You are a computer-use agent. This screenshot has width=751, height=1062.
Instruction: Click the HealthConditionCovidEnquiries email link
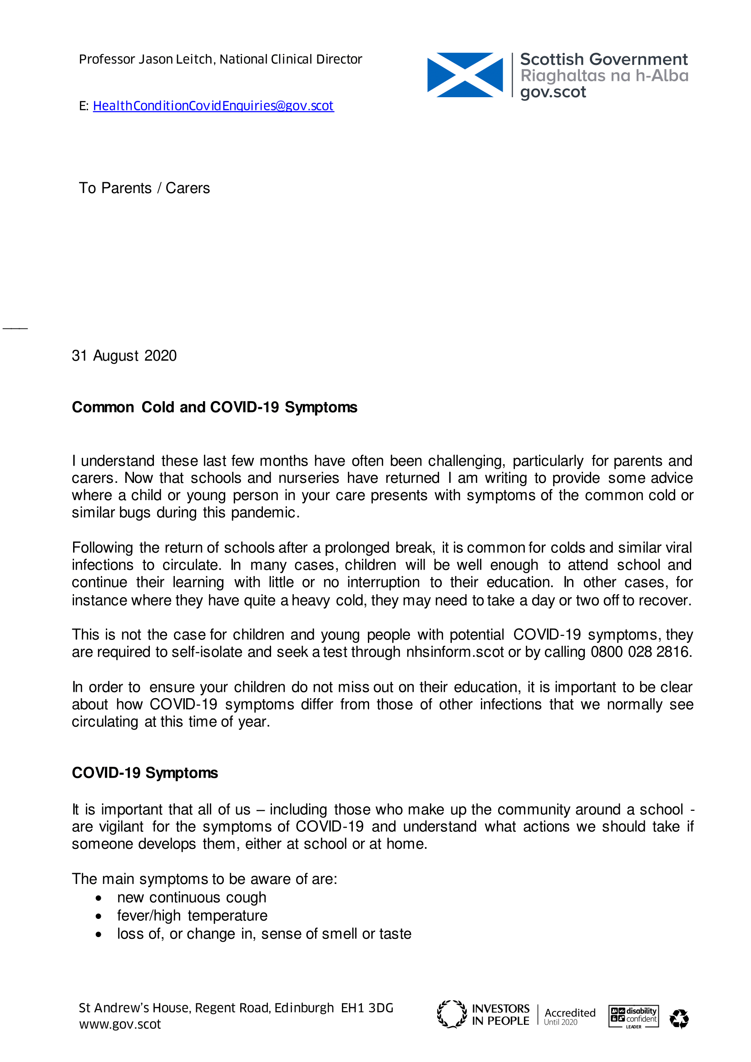click(x=213, y=106)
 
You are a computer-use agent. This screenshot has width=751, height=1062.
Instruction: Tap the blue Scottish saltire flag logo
click(x=465, y=75)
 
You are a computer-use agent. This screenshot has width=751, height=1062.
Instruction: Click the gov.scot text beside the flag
click(x=553, y=92)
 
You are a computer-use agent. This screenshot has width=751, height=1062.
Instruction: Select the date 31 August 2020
click(x=124, y=356)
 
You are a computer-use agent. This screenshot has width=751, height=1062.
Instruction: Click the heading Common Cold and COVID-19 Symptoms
click(x=214, y=407)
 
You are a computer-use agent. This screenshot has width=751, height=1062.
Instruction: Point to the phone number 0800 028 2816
click(x=641, y=652)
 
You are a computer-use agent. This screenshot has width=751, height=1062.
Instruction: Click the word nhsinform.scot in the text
click(x=455, y=652)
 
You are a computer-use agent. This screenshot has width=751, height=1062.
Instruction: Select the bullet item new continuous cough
click(x=192, y=897)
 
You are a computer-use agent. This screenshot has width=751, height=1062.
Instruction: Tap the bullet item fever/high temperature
click(x=192, y=915)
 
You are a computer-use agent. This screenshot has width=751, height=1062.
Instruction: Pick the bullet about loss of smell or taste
click(x=264, y=933)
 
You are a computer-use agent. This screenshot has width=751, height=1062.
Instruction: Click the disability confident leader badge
click(x=633, y=1017)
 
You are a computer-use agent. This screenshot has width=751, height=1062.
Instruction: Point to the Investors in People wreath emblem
click(x=452, y=1014)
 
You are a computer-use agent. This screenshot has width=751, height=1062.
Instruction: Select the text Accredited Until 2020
click(x=570, y=1016)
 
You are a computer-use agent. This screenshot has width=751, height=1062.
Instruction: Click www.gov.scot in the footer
click(x=120, y=1024)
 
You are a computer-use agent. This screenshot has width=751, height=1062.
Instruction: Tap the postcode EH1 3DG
click(x=367, y=1008)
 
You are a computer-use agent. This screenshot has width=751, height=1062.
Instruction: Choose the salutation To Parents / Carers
click(x=144, y=188)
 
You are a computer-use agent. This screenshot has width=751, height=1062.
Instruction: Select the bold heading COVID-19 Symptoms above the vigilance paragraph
click(x=145, y=773)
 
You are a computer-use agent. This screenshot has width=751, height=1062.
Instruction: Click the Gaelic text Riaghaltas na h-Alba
click(x=604, y=76)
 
